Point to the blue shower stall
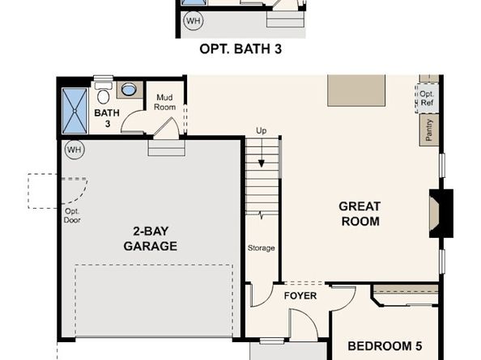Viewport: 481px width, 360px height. [76, 110]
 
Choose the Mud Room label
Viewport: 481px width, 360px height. [165, 102]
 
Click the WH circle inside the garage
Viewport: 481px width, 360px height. [74, 150]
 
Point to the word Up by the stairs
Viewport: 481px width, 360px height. [261, 131]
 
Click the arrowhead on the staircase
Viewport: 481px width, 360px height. [261, 163]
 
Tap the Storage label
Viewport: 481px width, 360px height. [261, 248]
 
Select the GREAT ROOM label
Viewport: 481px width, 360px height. [360, 214]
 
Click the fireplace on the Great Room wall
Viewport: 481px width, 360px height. [439, 214]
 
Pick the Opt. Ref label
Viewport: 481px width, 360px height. [427, 99]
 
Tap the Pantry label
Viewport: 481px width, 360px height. [428, 129]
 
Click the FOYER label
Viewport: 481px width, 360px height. [300, 296]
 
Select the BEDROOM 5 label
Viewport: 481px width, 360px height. [385, 346]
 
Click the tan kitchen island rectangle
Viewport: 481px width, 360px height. [356, 91]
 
